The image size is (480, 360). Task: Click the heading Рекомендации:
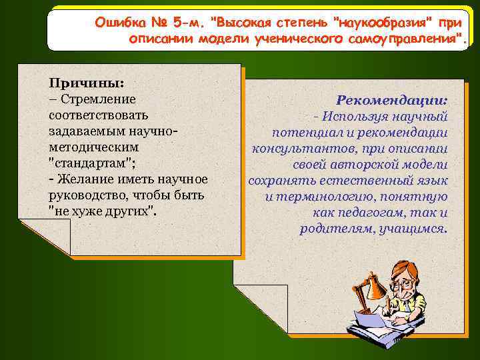click(392, 100)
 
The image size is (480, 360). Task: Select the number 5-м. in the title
click(189, 22)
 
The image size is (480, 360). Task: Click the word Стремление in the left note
click(97, 100)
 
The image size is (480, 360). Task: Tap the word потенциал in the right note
click(309, 133)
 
